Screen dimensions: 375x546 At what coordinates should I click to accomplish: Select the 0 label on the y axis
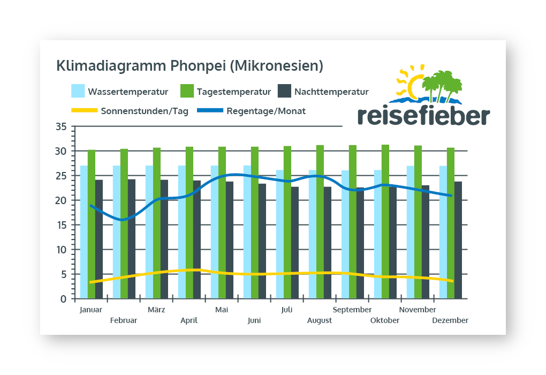point(63,299)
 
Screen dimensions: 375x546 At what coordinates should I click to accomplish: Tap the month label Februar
point(124,320)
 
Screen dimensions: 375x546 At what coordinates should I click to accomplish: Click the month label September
point(352,310)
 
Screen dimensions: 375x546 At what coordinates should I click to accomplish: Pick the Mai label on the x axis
point(222,310)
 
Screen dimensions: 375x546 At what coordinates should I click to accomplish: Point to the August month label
point(320,320)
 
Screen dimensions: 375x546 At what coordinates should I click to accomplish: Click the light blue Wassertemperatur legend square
point(78,91)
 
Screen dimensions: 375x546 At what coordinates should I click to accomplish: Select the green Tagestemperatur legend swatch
point(187,91)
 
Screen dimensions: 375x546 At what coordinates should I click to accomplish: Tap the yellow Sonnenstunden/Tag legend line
point(84,111)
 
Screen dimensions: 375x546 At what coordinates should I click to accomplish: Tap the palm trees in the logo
point(442,86)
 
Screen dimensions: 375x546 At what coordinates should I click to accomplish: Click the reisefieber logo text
point(423,116)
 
